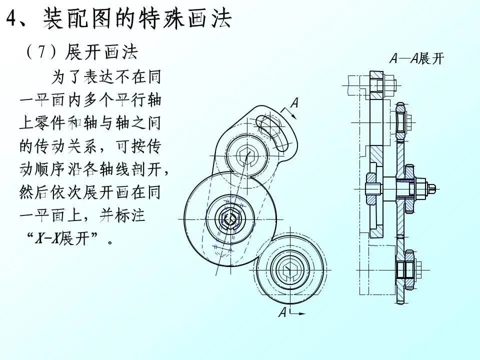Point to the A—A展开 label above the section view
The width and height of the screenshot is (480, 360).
tap(416, 59)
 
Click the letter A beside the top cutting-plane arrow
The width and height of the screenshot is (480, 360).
tap(294, 103)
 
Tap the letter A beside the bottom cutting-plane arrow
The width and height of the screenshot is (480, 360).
tap(283, 313)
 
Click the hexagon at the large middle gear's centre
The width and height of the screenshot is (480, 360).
tap(229, 218)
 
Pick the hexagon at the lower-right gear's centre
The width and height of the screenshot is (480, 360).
tap(287, 269)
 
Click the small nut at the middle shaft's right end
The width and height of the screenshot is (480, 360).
tap(431, 188)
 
